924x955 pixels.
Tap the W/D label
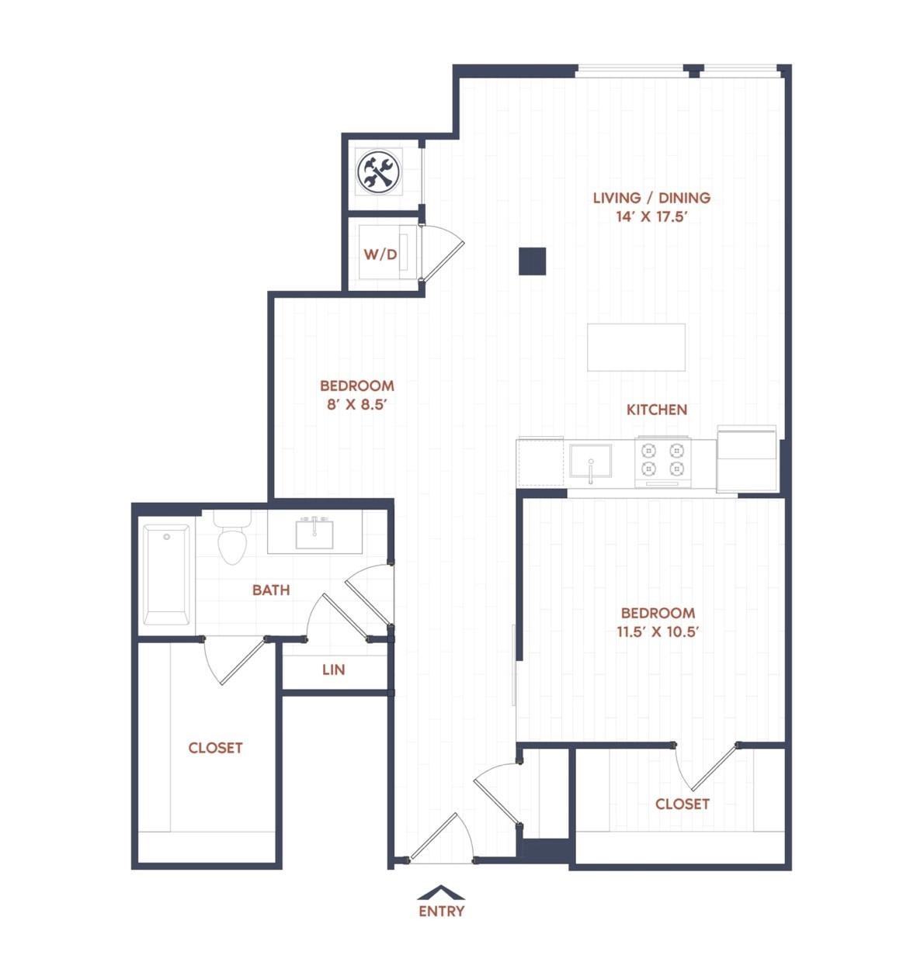tap(380, 254)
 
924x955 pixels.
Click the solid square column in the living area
tap(533, 261)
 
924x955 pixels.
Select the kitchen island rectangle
tap(636, 347)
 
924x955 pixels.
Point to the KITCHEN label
tap(656, 410)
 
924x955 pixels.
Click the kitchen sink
tap(590, 461)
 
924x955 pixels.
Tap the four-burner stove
tap(662, 462)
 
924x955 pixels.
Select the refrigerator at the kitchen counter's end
tap(746, 458)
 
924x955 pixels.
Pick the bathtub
tap(166, 575)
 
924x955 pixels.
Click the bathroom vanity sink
tap(314, 534)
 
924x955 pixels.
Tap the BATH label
tap(271, 590)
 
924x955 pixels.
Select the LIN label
tap(334, 670)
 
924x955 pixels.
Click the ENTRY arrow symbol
tap(440, 892)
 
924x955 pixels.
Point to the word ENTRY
tap(441, 912)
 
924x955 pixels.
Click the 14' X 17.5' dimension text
tap(651, 216)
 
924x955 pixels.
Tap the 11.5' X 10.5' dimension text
tap(658, 631)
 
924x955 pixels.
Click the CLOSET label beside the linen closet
tap(215, 748)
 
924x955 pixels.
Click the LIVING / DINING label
tap(651, 198)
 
